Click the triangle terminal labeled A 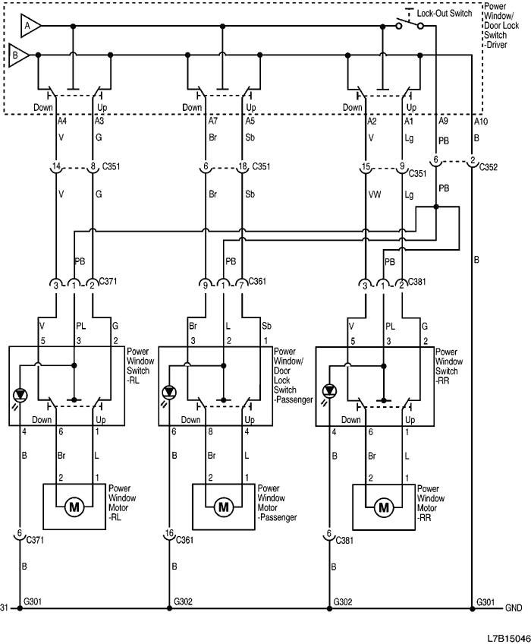point(29,25)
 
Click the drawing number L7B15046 point(503,633)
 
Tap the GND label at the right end point(514,608)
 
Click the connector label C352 point(489,166)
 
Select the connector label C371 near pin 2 point(110,282)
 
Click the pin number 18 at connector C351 point(242,165)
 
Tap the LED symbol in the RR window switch point(329,393)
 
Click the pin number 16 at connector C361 point(168,534)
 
